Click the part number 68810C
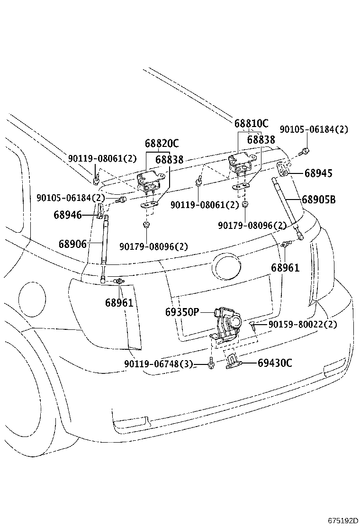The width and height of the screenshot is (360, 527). (x=251, y=124)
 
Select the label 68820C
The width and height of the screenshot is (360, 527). (x=162, y=144)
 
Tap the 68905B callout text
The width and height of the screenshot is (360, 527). (x=319, y=200)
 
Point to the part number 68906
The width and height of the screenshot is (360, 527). (x=72, y=244)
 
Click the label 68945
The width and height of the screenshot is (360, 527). (x=318, y=173)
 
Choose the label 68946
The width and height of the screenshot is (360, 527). (x=67, y=215)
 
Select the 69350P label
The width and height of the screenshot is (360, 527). (x=182, y=312)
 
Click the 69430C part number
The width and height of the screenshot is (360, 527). (x=275, y=363)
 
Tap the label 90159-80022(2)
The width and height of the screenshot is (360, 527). (x=303, y=325)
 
